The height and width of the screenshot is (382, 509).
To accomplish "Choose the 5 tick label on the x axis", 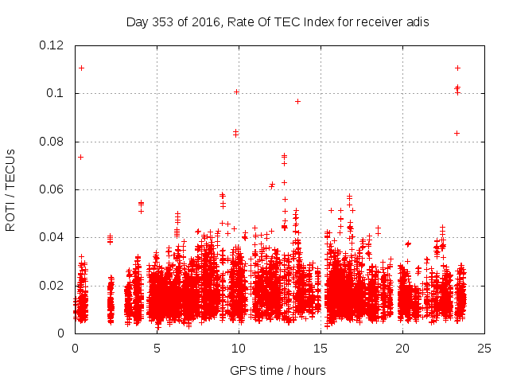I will [x=157, y=348].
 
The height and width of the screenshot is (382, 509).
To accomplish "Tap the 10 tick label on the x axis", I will [x=239, y=348].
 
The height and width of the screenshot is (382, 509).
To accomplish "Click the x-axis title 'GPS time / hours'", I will [x=278, y=370].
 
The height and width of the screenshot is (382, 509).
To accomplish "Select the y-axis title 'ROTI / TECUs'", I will [x=11, y=189].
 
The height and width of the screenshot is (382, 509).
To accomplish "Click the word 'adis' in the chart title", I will [x=418, y=22].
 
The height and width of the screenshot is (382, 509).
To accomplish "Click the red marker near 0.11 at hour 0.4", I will [x=81, y=68].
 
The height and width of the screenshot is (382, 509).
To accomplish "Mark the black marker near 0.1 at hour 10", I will [x=236, y=92].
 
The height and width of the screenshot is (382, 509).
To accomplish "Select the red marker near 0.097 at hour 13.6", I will [x=297, y=101].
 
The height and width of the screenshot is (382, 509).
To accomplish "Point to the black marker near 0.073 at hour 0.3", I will [x=80, y=157].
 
